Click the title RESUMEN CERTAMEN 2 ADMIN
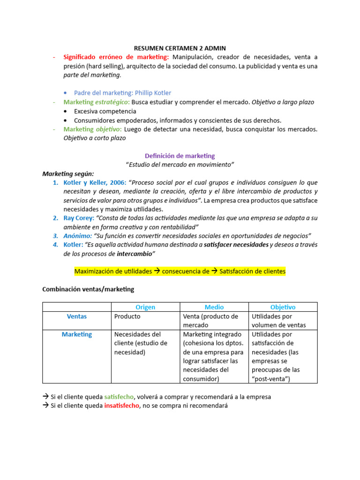[180, 48]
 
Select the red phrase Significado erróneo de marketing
[116, 57]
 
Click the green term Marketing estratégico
[97, 102]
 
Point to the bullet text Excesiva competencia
[105, 111]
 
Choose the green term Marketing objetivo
[92, 129]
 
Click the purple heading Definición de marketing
[180, 156]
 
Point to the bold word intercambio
[135, 254]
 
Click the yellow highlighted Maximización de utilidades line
[180, 271]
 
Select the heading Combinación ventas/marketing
[88, 289]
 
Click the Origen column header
[145, 307]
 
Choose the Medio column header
[214, 307]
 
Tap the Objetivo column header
[283, 307]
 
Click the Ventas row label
[76, 316]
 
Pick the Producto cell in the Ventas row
[127, 316]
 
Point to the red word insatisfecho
[121, 405]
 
